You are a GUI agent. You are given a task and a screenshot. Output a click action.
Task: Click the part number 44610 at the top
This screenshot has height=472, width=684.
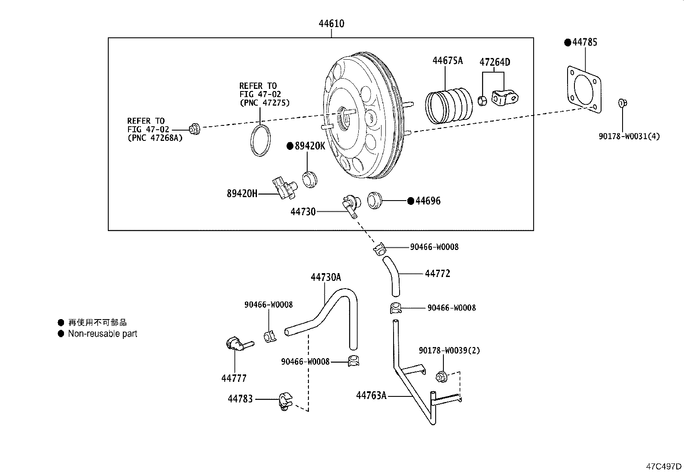(x=331, y=24)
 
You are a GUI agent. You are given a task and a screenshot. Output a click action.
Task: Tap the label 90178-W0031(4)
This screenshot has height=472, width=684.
(x=629, y=137)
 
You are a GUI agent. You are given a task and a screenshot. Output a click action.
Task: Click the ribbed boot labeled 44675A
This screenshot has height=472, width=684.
(x=448, y=106)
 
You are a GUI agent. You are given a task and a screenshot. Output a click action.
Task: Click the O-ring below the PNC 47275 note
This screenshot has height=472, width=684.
(x=261, y=140)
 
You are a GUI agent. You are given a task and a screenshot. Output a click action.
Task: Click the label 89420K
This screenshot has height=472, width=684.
(x=309, y=146)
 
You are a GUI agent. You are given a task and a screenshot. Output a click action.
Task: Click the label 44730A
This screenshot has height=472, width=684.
(x=326, y=277)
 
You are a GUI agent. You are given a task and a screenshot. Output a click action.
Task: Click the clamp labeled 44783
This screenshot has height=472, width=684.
(x=285, y=400)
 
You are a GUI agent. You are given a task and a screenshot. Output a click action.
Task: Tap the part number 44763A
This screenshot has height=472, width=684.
(x=371, y=395)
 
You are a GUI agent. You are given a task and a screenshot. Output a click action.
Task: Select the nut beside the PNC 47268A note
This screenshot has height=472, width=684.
(x=194, y=128)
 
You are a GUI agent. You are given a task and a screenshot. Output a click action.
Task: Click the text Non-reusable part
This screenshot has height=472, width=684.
(x=102, y=334)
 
